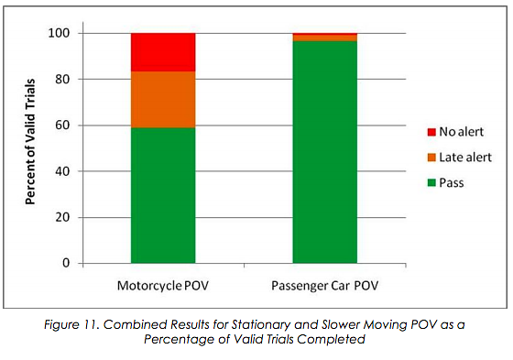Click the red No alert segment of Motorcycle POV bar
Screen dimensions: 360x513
[163, 52]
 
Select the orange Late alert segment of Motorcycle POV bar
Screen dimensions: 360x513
[163, 99]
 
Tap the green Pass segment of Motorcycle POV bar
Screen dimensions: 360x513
[163, 195]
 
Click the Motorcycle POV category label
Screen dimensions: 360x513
[162, 285]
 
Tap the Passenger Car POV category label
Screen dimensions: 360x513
[325, 285]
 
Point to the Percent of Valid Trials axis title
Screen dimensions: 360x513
[30, 147]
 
